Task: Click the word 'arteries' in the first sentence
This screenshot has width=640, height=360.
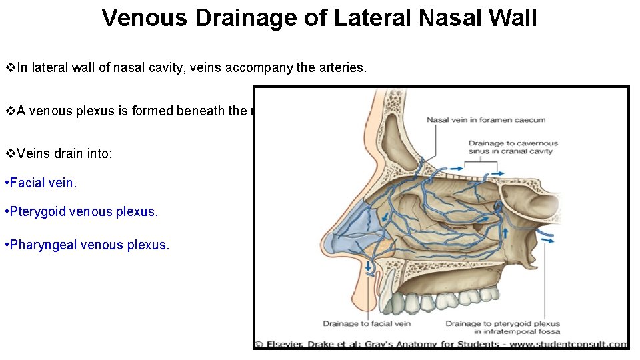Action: point(343,67)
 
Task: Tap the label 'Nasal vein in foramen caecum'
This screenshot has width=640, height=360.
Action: point(486,120)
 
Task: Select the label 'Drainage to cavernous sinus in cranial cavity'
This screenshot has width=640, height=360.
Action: point(513,147)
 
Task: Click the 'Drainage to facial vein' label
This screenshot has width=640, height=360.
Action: point(367,324)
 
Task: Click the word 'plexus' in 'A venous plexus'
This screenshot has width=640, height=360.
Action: point(112,111)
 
